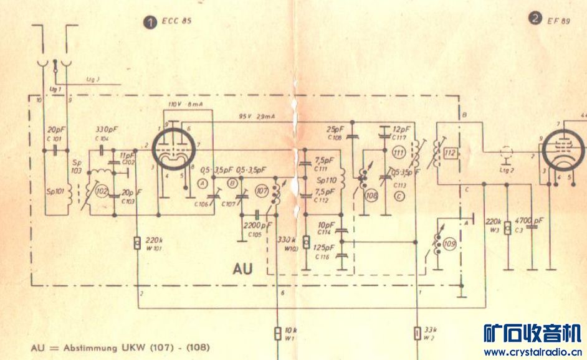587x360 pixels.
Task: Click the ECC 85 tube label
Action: [175, 21]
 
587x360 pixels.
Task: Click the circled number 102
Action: [102, 192]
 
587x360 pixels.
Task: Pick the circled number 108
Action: [373, 195]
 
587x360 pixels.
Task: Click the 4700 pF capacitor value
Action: [531, 220]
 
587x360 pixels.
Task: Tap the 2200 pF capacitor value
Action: [257, 225]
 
